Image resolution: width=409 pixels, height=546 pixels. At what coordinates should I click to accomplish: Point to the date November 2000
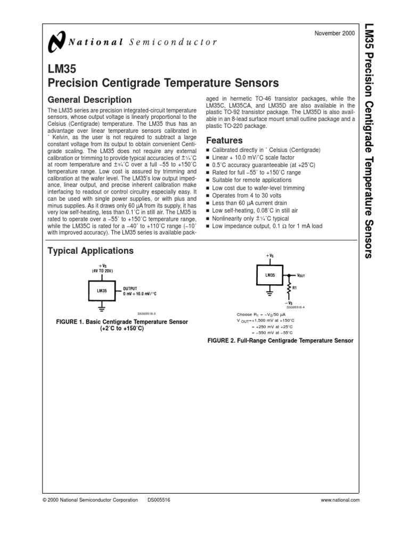[339, 34]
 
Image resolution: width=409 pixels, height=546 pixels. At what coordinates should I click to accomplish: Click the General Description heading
[89, 100]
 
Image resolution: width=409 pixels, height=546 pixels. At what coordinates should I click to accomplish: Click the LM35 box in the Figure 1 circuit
[102, 291]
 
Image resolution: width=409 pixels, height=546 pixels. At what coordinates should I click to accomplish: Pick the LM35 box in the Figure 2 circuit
[270, 276]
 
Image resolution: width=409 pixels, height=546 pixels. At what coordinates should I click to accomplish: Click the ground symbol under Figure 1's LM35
[101, 308]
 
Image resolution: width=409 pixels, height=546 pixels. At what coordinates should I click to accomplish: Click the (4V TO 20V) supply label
[101, 271]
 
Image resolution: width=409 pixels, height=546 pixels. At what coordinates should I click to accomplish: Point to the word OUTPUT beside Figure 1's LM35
[130, 288]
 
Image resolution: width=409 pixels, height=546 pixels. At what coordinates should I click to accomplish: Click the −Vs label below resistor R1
[290, 303]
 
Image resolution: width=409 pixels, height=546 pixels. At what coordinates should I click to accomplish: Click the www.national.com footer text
[341, 500]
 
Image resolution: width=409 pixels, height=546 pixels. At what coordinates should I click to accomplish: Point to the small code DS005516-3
[147, 315]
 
